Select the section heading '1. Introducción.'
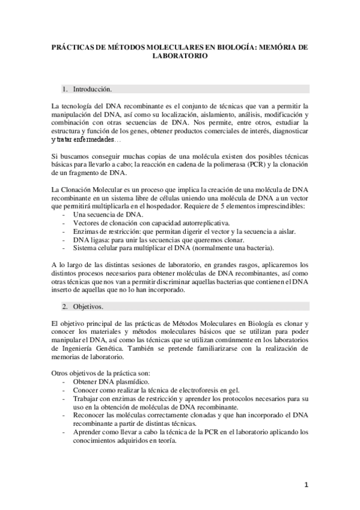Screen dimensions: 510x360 (92, 89)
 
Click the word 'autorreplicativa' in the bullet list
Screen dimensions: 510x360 (188, 223)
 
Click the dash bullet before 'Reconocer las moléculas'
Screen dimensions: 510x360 (64, 415)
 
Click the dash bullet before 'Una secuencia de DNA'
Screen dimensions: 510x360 (64, 215)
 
